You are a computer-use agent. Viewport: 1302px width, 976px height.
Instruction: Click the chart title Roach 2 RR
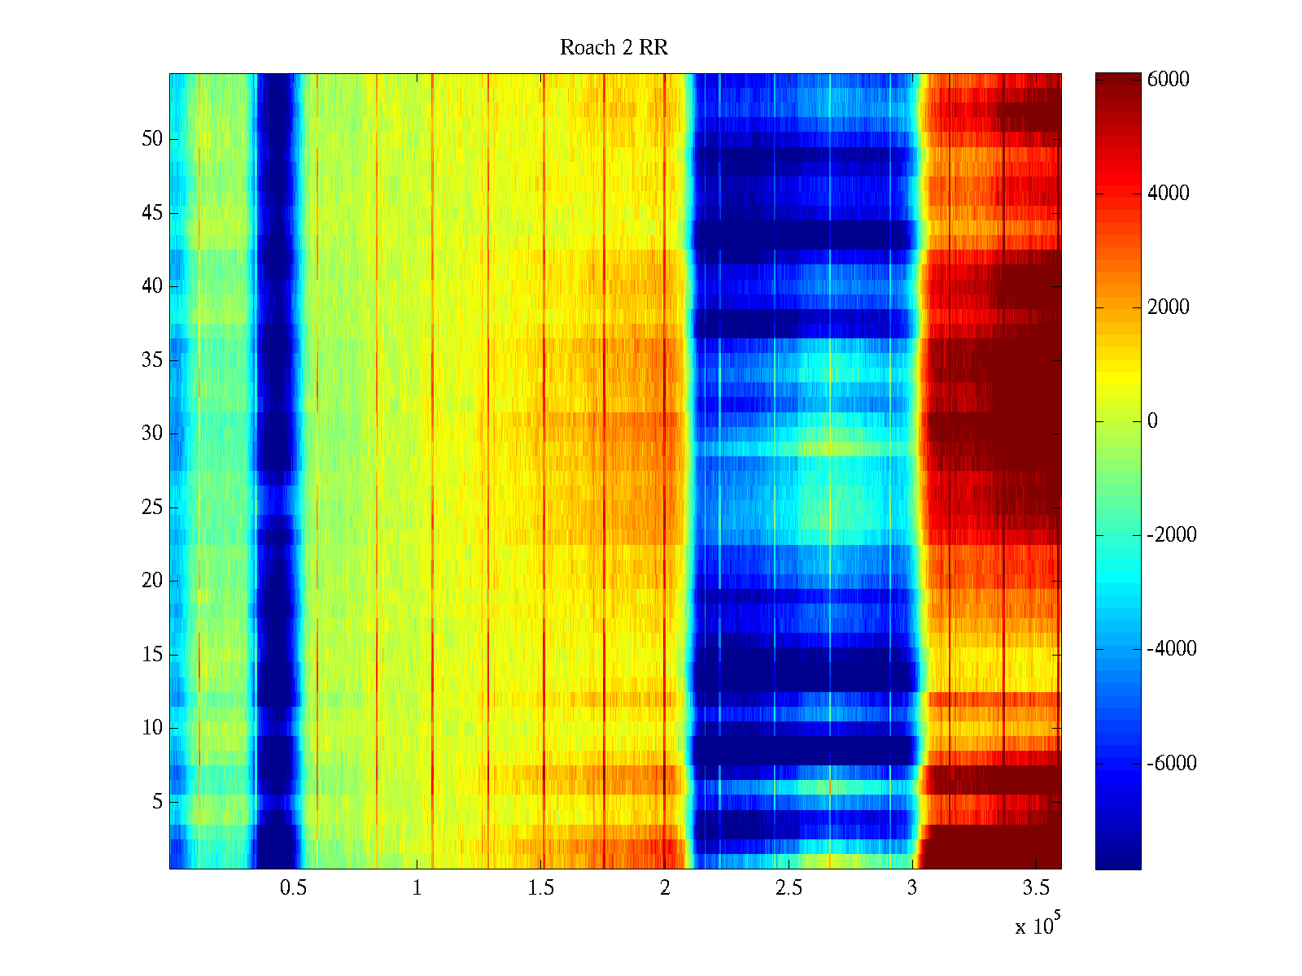614,48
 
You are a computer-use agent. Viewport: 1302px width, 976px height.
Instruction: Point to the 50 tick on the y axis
152,139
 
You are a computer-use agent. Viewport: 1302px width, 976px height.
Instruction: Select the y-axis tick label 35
152,360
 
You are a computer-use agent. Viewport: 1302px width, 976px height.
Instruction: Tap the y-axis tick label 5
157,802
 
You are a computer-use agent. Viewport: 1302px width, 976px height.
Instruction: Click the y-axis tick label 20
152,581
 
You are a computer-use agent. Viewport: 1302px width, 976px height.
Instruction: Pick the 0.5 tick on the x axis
293,888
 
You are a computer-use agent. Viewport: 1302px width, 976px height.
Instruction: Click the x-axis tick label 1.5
540,888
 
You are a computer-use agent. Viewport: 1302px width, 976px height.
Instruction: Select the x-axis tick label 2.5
789,888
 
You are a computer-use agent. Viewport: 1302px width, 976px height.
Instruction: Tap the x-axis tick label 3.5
1036,888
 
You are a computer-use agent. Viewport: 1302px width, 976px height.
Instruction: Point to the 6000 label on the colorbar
1168,80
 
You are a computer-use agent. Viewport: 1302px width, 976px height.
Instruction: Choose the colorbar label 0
1152,421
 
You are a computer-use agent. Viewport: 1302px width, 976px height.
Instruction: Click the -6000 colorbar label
1171,764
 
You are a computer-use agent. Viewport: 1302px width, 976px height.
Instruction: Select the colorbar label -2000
1171,535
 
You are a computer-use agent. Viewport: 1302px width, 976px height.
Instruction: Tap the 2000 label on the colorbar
1168,307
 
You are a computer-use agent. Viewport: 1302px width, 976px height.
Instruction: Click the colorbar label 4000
1168,194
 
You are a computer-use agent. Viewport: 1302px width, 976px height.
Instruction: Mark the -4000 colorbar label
1171,649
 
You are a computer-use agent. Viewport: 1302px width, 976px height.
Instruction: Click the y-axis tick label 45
152,213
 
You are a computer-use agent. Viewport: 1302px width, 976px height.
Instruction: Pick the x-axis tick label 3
912,888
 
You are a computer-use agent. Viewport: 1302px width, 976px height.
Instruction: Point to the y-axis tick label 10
152,728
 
